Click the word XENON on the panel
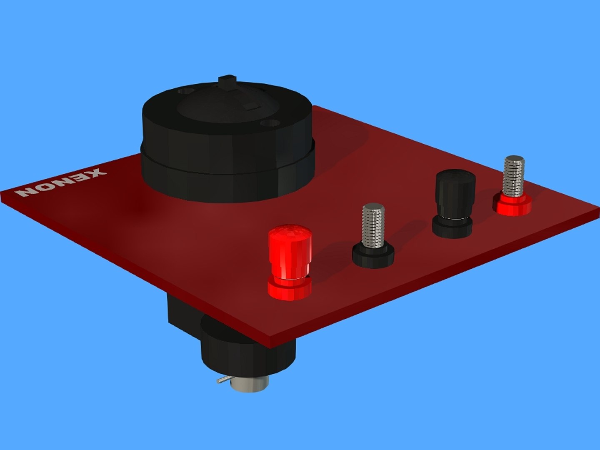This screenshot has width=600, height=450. [x=60, y=183]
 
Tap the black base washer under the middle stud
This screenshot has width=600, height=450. [x=373, y=256]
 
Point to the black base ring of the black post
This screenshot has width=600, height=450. [x=452, y=227]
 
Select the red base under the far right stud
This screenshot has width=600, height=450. [x=512, y=205]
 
